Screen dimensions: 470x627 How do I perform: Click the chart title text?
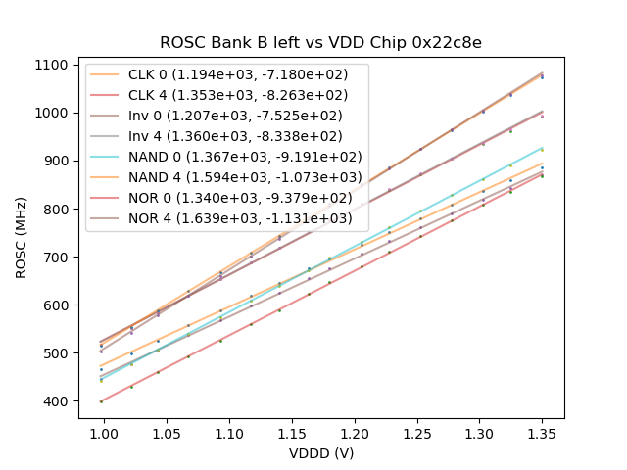pos(321,43)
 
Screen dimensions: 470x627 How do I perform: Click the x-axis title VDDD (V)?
pos(321,453)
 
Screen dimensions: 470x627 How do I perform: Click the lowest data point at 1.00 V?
pos(101,401)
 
